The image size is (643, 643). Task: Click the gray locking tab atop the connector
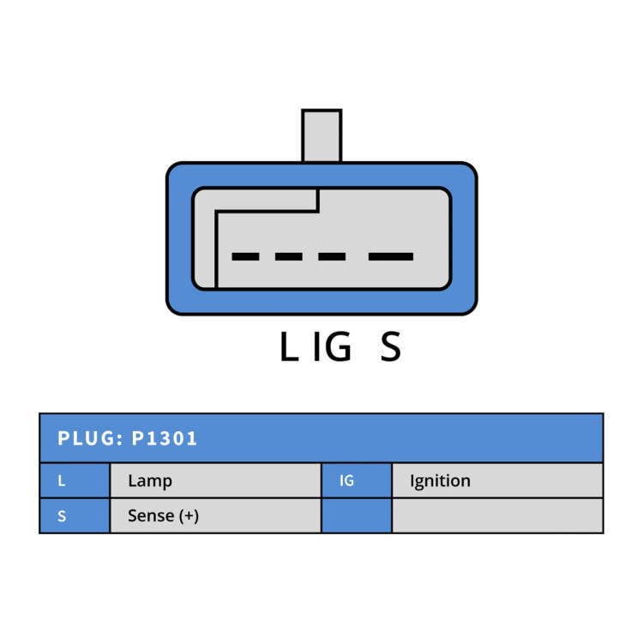point(321,135)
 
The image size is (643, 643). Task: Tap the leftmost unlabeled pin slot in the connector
point(245,256)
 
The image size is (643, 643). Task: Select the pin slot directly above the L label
point(289,256)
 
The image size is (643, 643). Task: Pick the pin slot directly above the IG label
point(332,256)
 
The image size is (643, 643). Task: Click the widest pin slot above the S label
point(391,256)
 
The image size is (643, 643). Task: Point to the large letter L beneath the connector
point(289,346)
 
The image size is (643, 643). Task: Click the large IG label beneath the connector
point(332,346)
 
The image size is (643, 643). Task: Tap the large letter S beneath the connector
point(390,346)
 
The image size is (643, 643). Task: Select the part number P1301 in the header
point(164,438)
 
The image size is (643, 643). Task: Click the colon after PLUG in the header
point(120,440)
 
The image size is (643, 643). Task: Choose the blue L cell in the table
point(75,480)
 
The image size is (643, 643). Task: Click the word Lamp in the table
point(150,481)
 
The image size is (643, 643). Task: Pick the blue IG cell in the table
point(357,480)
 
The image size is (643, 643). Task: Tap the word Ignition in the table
point(440,481)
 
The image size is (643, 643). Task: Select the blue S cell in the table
point(75,515)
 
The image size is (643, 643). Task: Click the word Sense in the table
point(151,516)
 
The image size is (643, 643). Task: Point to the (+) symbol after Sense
point(189,516)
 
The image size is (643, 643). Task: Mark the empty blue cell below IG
point(357,515)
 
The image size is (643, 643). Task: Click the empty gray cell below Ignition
point(497,515)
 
